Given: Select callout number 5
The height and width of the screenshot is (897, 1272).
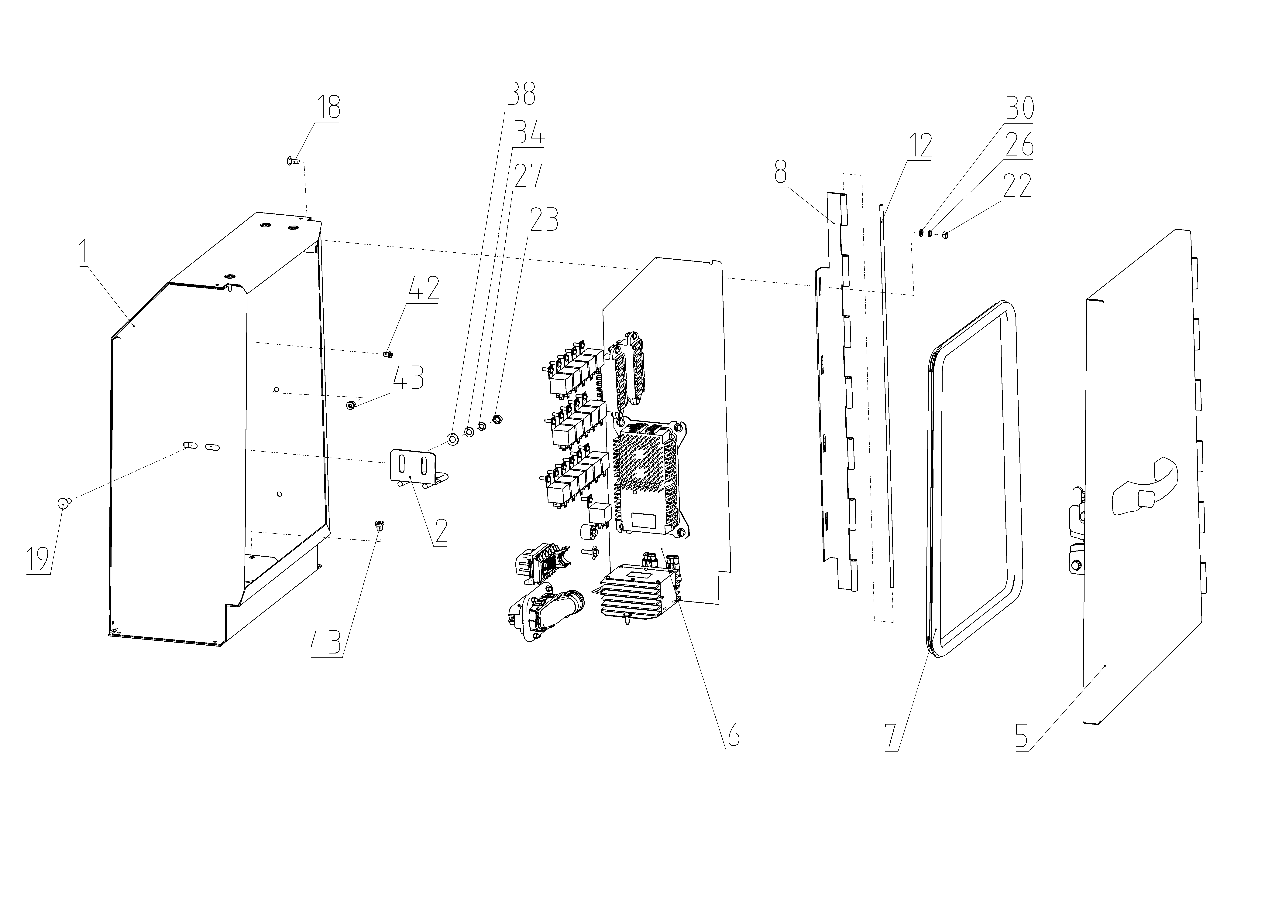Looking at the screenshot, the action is [x=1022, y=736].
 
